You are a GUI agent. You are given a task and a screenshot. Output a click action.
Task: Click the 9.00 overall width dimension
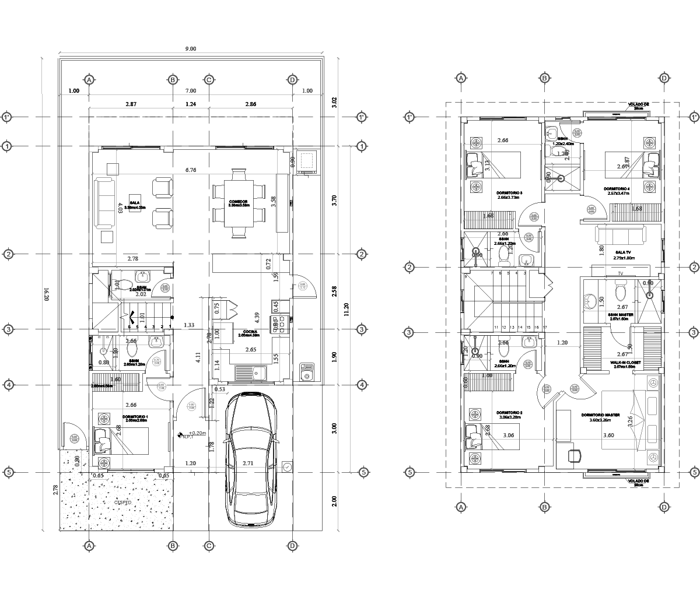(x=190, y=50)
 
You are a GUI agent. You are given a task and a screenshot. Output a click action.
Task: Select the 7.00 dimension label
(x=190, y=91)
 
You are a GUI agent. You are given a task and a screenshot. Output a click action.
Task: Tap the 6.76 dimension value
(x=190, y=170)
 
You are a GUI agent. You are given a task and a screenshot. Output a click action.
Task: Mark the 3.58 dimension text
(x=274, y=202)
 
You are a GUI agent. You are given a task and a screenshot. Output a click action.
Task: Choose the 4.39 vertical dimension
(x=257, y=317)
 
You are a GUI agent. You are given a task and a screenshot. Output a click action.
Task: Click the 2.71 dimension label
(x=249, y=463)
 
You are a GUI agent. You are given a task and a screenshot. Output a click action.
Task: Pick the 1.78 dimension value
(x=212, y=446)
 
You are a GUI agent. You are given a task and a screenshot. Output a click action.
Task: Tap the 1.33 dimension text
(x=189, y=325)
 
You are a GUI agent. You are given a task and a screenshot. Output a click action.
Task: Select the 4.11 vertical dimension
(x=198, y=357)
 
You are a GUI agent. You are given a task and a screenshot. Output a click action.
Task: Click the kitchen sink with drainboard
(x=250, y=373)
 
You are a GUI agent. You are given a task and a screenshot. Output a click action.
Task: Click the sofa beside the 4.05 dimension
(x=104, y=203)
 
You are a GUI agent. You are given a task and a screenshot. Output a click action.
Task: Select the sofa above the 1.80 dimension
(x=619, y=234)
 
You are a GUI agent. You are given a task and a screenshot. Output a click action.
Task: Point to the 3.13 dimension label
(x=488, y=166)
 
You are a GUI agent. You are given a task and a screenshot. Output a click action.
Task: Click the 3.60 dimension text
(x=608, y=436)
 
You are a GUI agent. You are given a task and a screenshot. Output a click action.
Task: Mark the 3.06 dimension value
(x=508, y=436)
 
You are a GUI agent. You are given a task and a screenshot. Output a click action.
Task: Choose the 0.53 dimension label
(x=220, y=389)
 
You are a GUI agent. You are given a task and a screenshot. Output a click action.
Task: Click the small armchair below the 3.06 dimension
(x=575, y=456)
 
